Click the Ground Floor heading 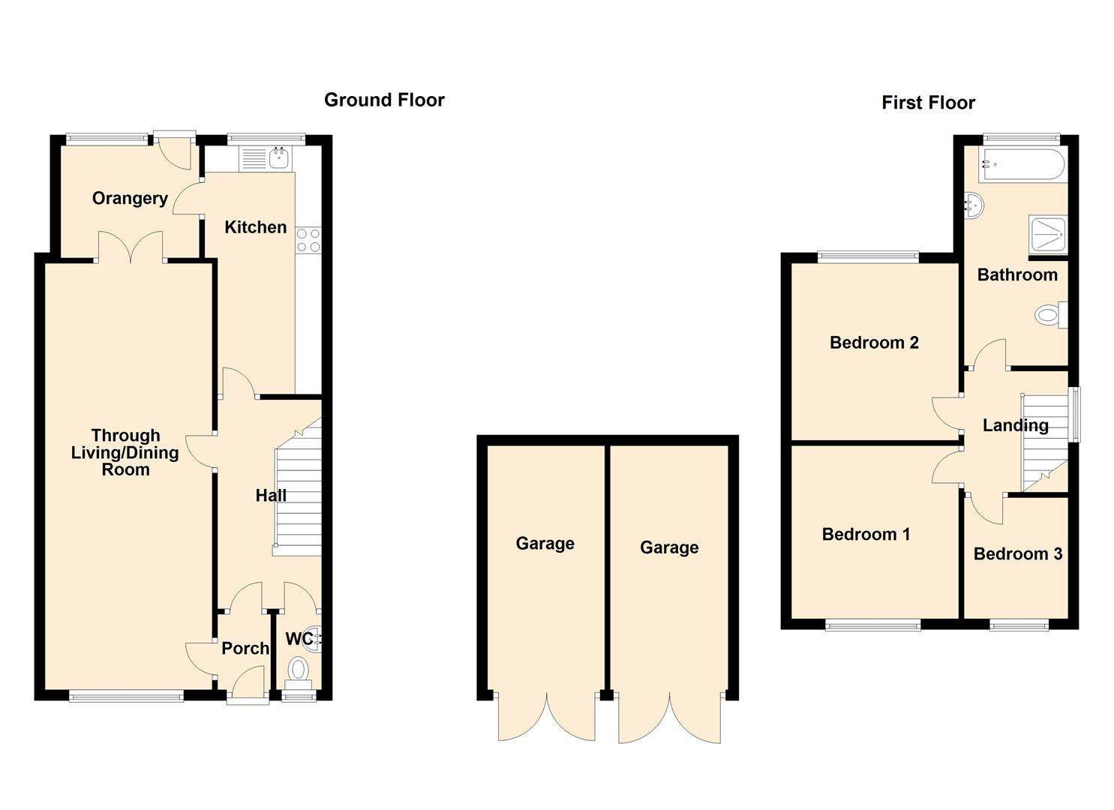click(384, 100)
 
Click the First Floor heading click(928, 103)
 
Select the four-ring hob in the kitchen click(308, 240)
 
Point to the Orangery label click(130, 198)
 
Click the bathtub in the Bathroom click(1022, 164)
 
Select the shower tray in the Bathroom click(1048, 235)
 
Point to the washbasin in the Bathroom click(974, 205)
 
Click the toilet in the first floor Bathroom click(1050, 315)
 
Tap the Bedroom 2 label click(874, 343)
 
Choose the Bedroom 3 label click(1017, 554)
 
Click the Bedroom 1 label click(866, 535)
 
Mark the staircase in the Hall click(299, 495)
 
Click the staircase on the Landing click(1044, 442)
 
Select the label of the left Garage click(545, 544)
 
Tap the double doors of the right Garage click(669, 718)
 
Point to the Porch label click(245, 648)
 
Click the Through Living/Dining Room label click(125, 452)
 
